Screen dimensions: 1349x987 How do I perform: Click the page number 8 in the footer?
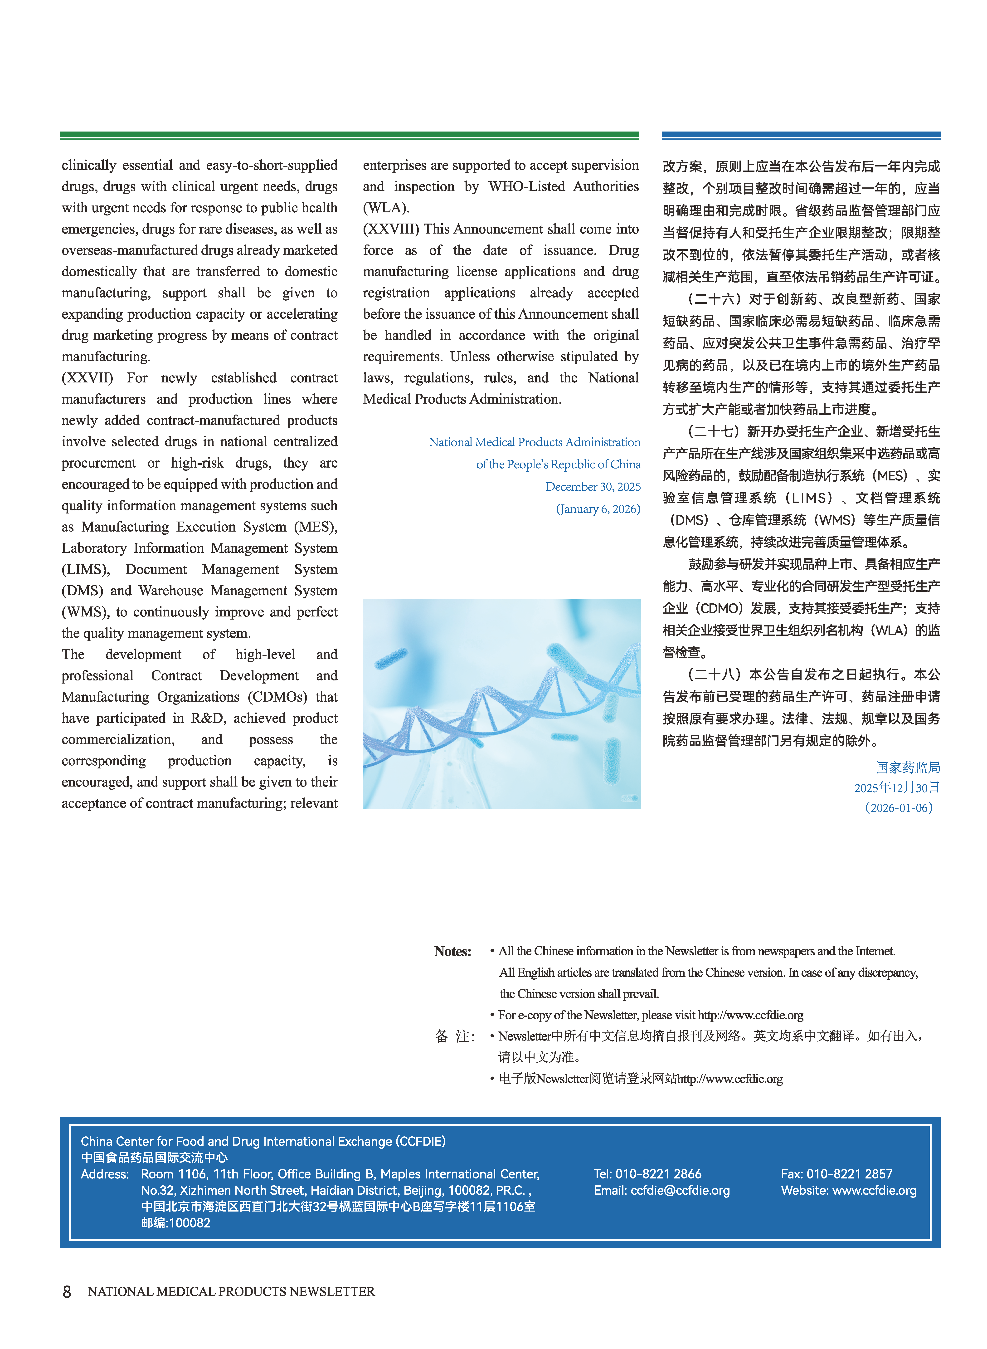67,1292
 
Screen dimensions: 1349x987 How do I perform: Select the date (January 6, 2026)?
598,509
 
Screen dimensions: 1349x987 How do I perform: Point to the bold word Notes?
452,952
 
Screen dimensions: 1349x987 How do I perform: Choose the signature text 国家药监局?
908,768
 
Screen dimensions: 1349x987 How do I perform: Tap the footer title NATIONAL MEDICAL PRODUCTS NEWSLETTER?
231,1292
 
